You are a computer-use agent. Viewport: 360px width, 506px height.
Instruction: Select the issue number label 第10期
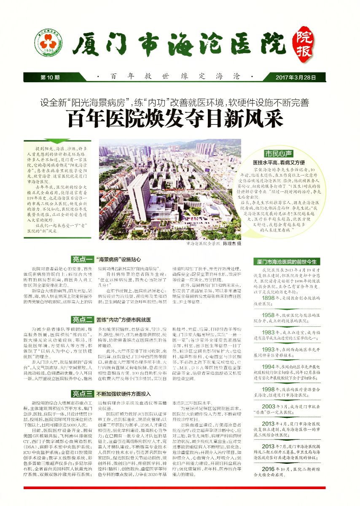pos(50,77)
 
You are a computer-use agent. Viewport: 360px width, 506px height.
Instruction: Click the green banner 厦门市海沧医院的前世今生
pos(287,261)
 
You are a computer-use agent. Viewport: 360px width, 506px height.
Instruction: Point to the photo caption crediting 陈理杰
pos(213,244)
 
